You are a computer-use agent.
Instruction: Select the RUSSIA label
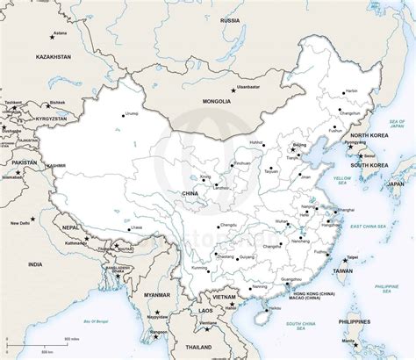[x=230, y=19]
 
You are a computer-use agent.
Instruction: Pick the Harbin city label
[x=351, y=91]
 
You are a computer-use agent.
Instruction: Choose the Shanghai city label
[x=347, y=210]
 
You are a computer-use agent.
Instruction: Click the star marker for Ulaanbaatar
[x=233, y=90]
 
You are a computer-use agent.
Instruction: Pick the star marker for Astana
[x=51, y=38]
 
